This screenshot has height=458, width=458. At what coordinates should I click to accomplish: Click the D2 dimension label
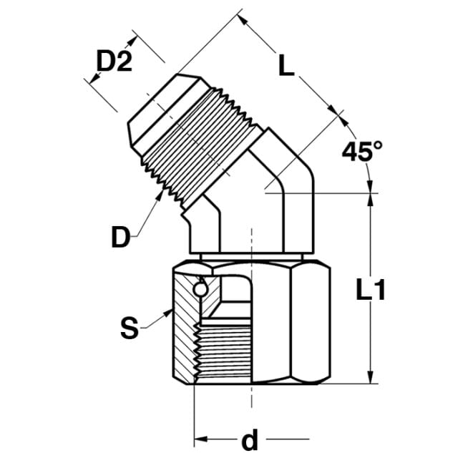(114, 61)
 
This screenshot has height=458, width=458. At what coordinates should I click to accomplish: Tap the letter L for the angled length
(286, 66)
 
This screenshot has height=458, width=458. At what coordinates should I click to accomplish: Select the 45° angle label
(362, 151)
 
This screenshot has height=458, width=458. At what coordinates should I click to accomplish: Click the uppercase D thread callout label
(121, 237)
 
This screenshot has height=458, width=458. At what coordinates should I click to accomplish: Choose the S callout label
(130, 328)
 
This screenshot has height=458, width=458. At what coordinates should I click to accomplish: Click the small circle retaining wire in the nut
(200, 290)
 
